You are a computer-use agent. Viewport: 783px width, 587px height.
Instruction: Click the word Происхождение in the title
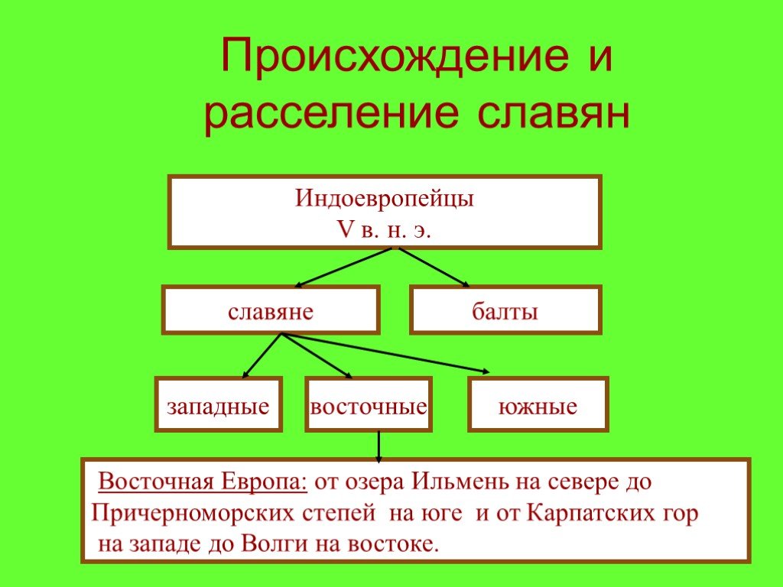(x=395, y=57)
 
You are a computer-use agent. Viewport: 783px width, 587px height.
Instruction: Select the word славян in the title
(x=554, y=113)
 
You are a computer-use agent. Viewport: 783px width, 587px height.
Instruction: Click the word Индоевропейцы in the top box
(x=384, y=198)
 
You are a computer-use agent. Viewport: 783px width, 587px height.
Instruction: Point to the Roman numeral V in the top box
(x=345, y=230)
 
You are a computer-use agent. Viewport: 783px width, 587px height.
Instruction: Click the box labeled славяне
(x=271, y=310)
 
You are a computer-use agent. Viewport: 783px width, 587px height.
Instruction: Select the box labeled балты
(x=505, y=310)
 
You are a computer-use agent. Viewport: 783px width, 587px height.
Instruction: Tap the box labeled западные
(x=218, y=404)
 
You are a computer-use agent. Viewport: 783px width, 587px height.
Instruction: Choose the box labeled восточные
(x=369, y=404)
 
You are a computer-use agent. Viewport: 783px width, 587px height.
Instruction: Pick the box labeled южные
(x=538, y=404)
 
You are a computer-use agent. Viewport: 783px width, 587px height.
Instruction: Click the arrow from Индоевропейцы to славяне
(x=343, y=268)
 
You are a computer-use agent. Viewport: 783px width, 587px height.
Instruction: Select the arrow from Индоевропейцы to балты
(x=434, y=268)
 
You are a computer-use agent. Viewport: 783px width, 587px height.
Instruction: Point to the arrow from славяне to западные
(x=262, y=355)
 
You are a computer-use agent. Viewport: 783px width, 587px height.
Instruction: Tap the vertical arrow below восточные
(x=379, y=446)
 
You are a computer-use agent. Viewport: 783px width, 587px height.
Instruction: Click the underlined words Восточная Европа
(x=202, y=482)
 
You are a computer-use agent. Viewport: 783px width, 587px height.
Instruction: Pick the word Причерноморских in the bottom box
(x=193, y=514)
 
